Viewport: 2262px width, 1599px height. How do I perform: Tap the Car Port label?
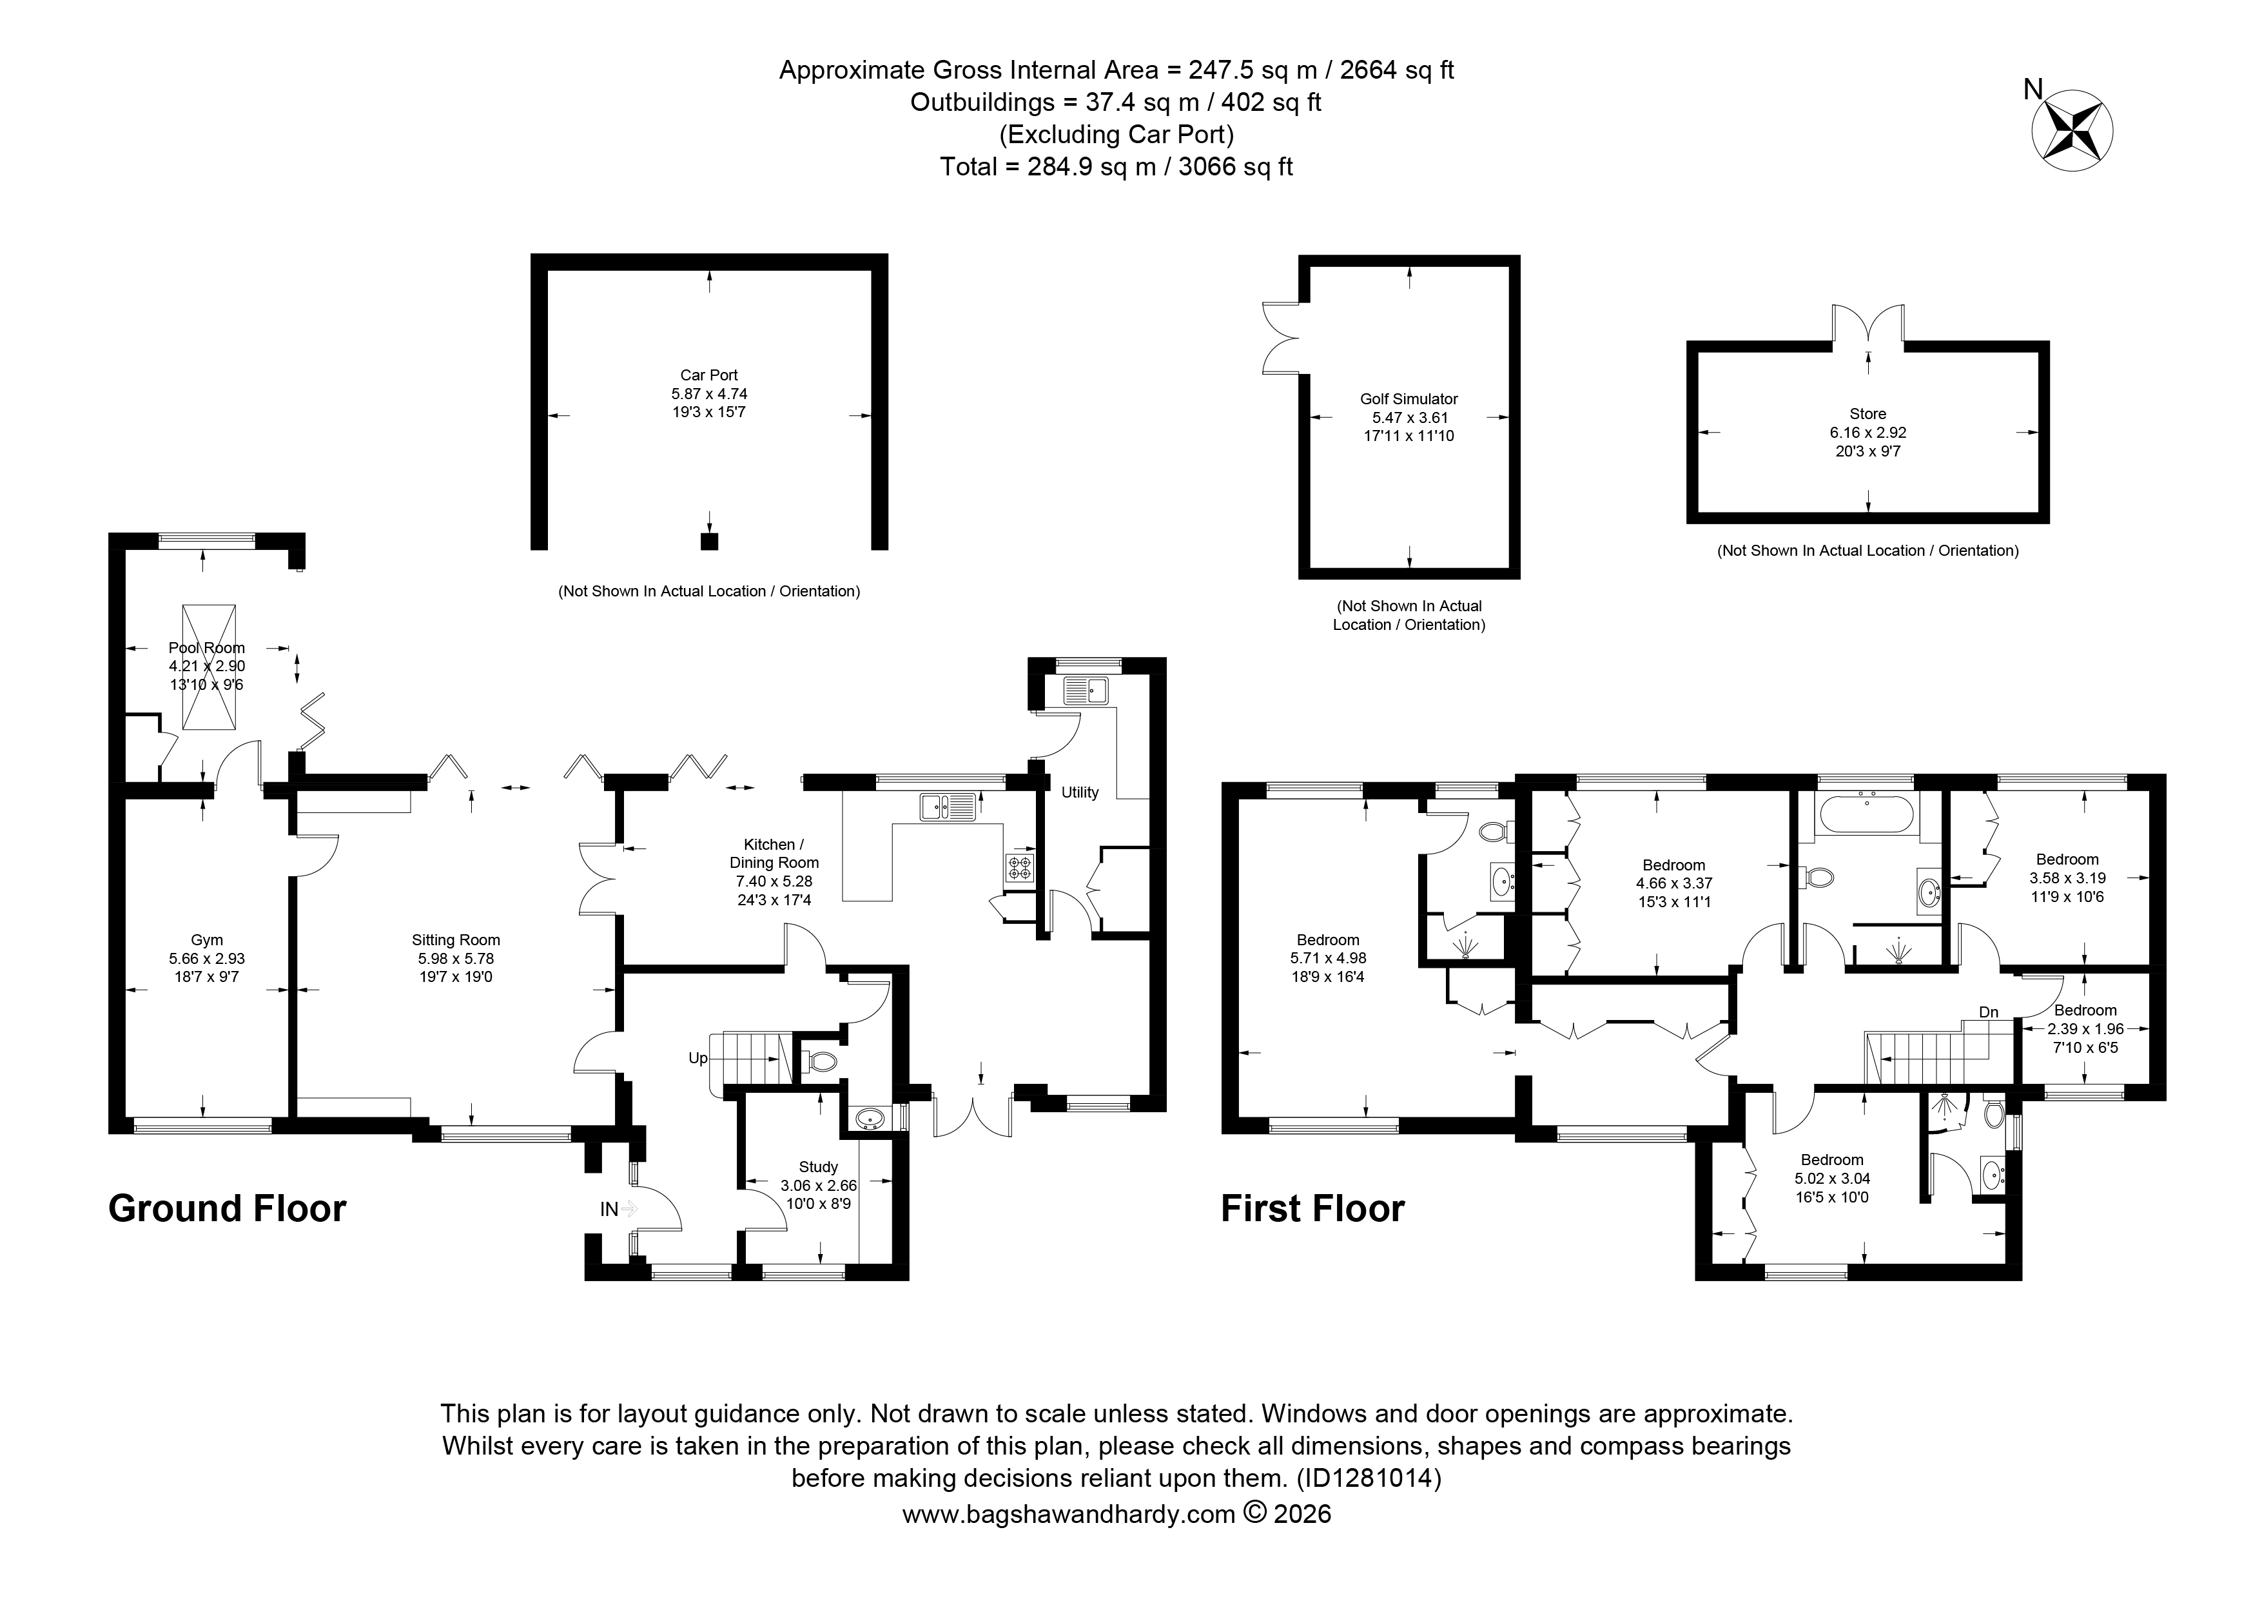[x=708, y=375]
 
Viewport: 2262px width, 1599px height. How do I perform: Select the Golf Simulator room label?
[x=1409, y=399]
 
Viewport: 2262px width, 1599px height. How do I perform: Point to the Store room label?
[x=1868, y=415]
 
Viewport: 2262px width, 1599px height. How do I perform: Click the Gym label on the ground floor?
[x=207, y=940]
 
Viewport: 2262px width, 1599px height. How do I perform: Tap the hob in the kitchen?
[x=1019, y=868]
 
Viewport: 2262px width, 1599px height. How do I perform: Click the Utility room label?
[x=1080, y=792]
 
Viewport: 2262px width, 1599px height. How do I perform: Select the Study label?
[x=819, y=1166]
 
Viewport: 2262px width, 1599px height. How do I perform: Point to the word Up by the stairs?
[x=697, y=1058]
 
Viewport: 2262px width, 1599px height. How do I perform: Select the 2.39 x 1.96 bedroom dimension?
[x=2085, y=1028]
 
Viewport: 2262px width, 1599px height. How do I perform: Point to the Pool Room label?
[x=207, y=648]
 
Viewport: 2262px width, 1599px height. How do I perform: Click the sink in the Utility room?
[x=1085, y=691]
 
